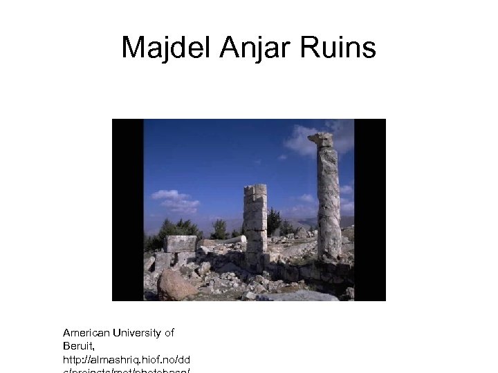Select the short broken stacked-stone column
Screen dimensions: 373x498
pos(255,221)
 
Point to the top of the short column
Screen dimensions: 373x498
pos(255,189)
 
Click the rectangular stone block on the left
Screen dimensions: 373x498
pos(181,243)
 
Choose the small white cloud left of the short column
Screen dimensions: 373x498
pos(175,200)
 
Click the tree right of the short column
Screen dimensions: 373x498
pos(275,221)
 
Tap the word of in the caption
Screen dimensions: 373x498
pos(169,333)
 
